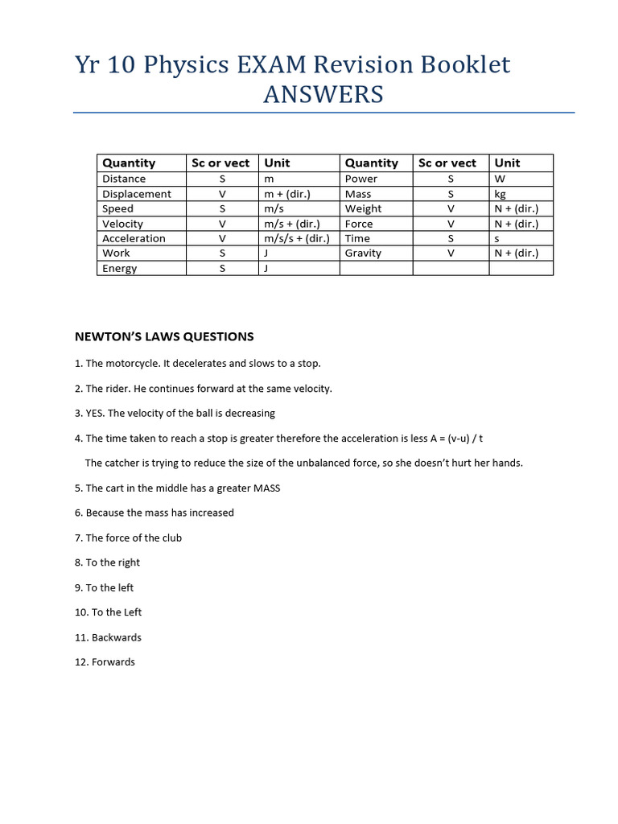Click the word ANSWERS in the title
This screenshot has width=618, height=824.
[323, 95]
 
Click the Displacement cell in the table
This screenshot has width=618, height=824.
[136, 194]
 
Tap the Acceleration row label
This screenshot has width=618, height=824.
[134, 238]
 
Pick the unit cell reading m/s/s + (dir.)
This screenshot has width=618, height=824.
[297, 238]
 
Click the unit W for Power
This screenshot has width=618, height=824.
[500, 179]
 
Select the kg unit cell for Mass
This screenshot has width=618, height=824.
[500, 194]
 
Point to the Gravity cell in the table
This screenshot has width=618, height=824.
[363, 253]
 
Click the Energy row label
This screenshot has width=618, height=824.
[119, 268]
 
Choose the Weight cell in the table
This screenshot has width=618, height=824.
[363, 208]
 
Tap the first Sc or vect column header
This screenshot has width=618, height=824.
[220, 163]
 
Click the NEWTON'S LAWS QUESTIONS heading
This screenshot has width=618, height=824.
[164, 336]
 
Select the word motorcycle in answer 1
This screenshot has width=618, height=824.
[132, 364]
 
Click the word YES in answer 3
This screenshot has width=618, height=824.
[95, 414]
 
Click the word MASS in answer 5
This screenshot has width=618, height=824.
[266, 488]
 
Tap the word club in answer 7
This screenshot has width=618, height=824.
[171, 538]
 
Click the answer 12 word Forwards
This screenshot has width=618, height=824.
[113, 662]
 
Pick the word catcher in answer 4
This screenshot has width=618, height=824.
[122, 463]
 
